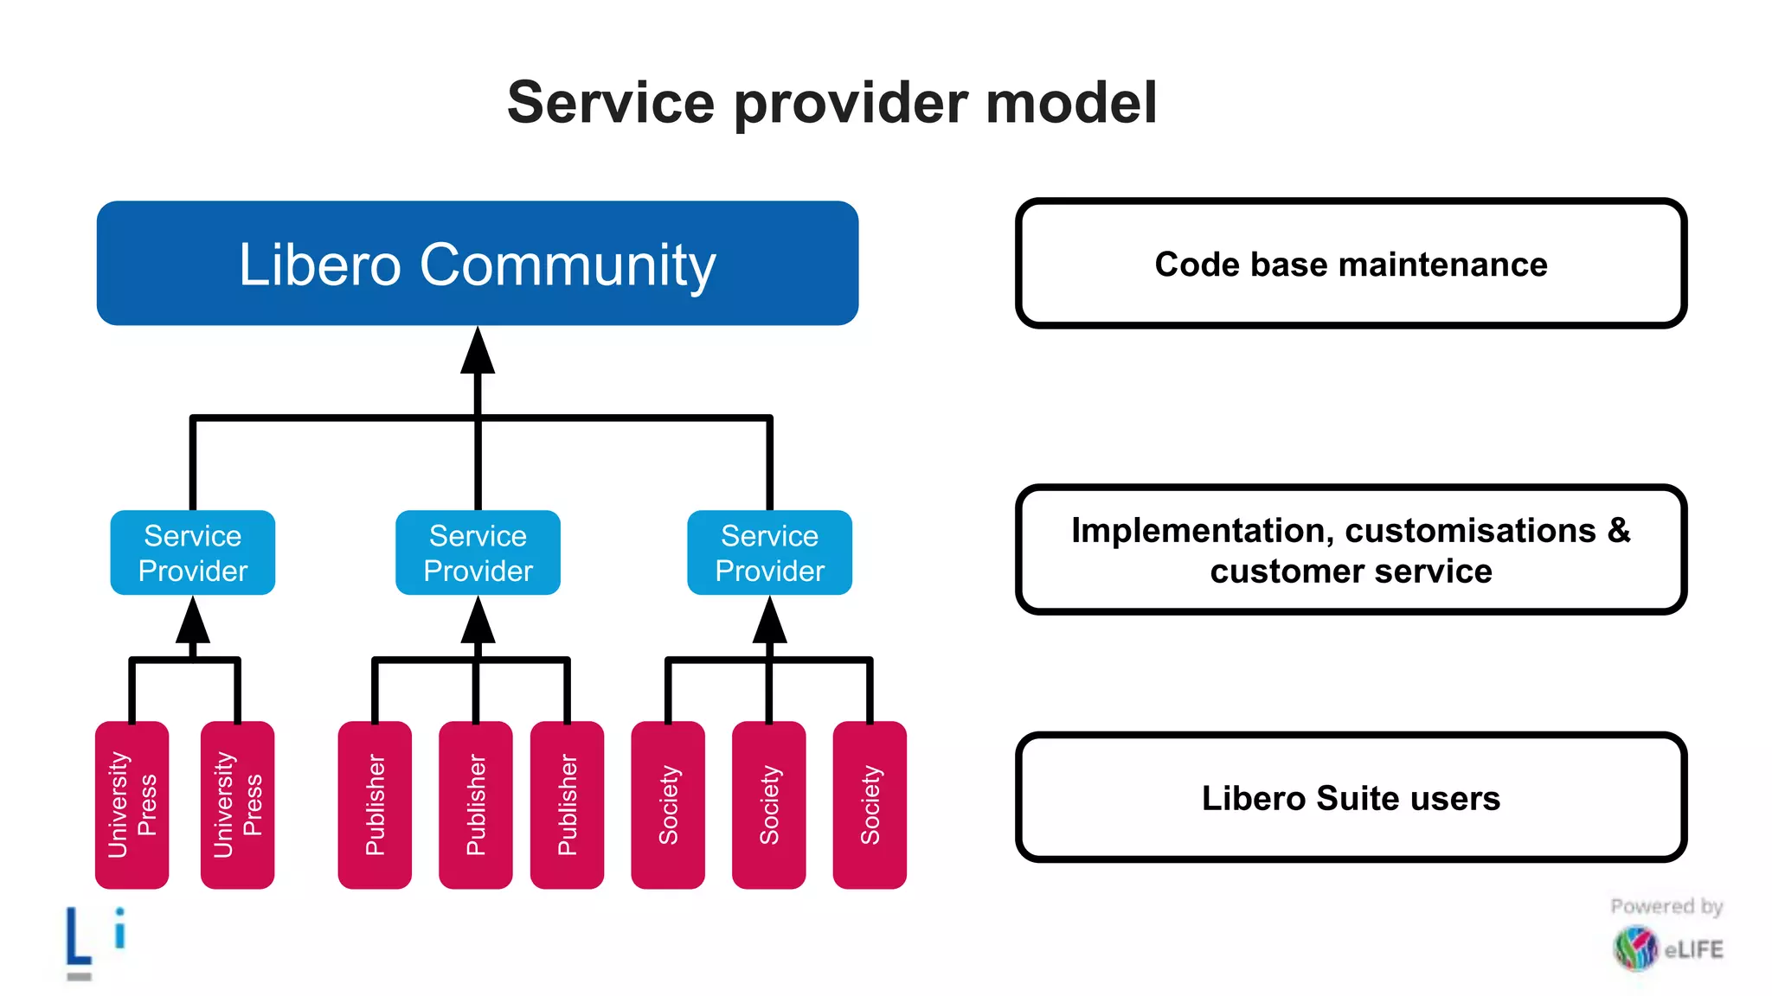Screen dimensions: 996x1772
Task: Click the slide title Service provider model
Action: [x=831, y=103]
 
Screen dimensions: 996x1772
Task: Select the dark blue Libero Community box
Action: [x=477, y=264]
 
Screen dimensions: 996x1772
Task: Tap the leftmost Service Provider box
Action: [x=193, y=552]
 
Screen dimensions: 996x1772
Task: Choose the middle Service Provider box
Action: [x=478, y=552]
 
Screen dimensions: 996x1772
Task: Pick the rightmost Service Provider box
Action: [x=769, y=552]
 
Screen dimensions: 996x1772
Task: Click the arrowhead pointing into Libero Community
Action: [x=478, y=352]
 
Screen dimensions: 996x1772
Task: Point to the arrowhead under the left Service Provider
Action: [x=193, y=621]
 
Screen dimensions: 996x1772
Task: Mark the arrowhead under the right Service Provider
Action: [x=769, y=621]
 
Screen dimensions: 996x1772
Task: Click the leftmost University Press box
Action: [x=132, y=804]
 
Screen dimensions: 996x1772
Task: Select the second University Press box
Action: [x=237, y=804]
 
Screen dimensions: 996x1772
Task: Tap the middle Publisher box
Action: [x=475, y=804]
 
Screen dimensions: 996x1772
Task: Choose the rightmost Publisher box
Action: [x=567, y=804]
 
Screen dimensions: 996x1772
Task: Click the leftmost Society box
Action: [x=668, y=804]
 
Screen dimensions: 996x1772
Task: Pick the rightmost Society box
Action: [x=870, y=804]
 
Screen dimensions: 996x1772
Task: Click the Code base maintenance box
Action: [x=1351, y=264]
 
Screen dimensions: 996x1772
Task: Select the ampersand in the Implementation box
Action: [x=1619, y=530]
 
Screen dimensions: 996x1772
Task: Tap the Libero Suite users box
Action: [x=1351, y=797]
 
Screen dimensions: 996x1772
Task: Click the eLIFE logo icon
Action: [x=1634, y=948]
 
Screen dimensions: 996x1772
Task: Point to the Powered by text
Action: [x=1666, y=906]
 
